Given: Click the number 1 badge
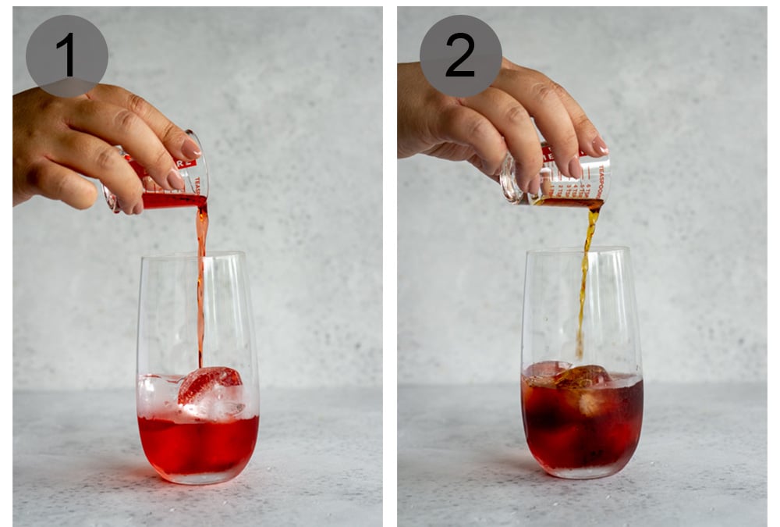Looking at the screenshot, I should (x=67, y=55).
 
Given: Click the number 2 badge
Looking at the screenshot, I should (x=460, y=55).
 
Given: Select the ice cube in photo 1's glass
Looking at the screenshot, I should (x=208, y=386).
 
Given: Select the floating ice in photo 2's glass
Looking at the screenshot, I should (x=582, y=377).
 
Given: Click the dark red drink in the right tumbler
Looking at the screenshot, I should (x=582, y=426).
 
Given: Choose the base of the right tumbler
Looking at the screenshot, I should (x=582, y=472).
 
